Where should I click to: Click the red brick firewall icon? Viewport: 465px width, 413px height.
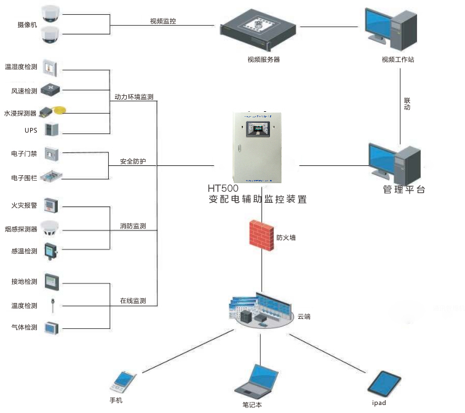pos(261,235)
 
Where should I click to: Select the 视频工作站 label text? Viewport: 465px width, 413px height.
pos(398,60)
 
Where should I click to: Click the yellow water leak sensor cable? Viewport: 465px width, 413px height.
pos(59,110)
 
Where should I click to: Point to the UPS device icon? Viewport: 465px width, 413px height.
pos(52,129)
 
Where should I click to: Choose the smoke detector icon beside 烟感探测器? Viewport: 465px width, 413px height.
pos(50,228)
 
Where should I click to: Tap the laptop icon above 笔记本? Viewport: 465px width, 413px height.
pos(256,380)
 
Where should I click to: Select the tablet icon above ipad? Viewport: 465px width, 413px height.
pos(384,383)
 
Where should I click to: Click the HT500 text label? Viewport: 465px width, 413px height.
pos(223,188)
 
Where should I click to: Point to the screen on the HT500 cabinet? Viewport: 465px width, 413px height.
pos(258,129)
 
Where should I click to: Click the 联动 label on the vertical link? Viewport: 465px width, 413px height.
pos(407,104)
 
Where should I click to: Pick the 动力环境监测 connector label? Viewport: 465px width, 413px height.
pos(134,97)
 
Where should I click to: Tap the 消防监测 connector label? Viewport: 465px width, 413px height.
pos(133,226)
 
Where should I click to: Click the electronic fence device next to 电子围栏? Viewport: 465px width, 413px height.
pos(51,176)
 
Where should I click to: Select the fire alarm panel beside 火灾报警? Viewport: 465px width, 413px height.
pos(50,205)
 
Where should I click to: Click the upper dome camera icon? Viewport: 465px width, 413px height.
pos(50,14)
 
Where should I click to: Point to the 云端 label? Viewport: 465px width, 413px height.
pos(304,317)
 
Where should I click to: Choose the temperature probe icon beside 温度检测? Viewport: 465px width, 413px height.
pos(53,305)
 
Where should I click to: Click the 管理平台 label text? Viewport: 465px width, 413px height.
pos(404,189)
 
